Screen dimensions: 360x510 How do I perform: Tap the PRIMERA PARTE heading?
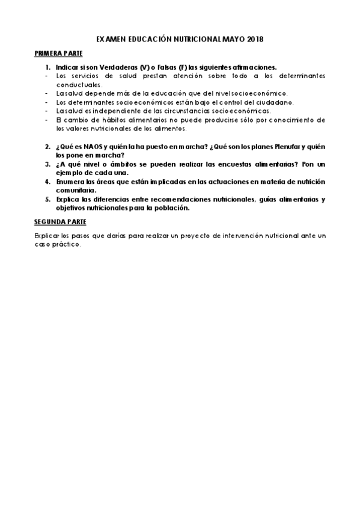point(58,54)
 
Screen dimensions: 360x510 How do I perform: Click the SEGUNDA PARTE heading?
point(60,222)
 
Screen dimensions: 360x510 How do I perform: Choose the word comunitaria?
point(75,190)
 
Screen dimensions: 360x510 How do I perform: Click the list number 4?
point(47,182)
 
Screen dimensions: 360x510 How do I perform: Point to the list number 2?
point(47,147)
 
